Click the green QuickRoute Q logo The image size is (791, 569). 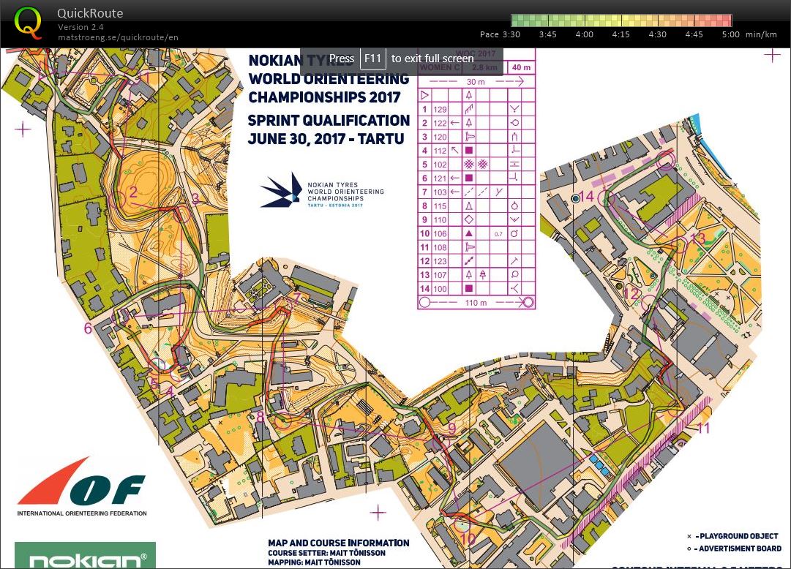pyautogui.click(x=28, y=22)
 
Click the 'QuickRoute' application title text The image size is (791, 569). pyautogui.click(x=90, y=13)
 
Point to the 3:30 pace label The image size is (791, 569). pyautogui.click(x=510, y=34)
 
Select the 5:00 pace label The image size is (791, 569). pyautogui.click(x=730, y=34)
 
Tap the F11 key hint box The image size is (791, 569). pyautogui.click(x=372, y=59)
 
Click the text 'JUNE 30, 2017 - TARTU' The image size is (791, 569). pyautogui.click(x=326, y=138)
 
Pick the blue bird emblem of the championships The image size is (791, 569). pyautogui.click(x=282, y=190)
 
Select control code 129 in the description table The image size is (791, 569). pyautogui.click(x=440, y=109)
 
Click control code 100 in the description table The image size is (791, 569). pyautogui.click(x=440, y=289)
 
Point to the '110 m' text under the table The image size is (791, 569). pyautogui.click(x=476, y=302)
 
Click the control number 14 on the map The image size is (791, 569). pyautogui.click(x=587, y=196)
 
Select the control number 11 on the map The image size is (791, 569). pyautogui.click(x=703, y=428)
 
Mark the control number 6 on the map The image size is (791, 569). pyautogui.click(x=88, y=328)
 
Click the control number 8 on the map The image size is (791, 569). pyautogui.click(x=260, y=417)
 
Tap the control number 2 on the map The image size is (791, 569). pyautogui.click(x=133, y=192)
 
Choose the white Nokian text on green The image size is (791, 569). pyautogui.click(x=87, y=561)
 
